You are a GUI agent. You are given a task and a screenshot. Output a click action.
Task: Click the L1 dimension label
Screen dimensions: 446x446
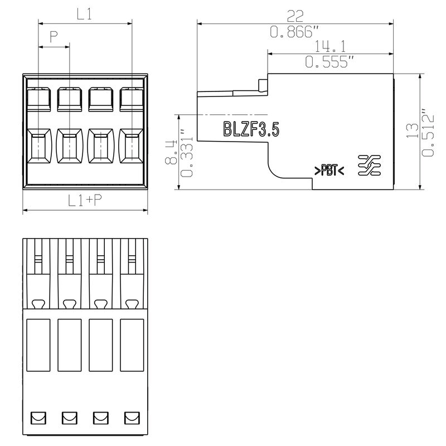tap(85, 14)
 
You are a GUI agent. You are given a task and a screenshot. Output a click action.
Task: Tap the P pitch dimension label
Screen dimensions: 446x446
tap(54, 37)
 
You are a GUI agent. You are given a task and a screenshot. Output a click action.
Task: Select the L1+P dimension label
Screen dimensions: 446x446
tap(85, 200)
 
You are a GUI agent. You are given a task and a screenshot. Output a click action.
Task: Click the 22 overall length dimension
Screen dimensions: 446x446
tap(295, 16)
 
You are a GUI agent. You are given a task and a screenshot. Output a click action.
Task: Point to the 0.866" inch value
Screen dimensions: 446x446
tap(295, 32)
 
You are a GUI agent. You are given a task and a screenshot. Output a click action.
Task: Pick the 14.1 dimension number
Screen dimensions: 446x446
tap(330, 46)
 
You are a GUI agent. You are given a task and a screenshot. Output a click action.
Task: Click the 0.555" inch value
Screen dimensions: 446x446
tap(329, 62)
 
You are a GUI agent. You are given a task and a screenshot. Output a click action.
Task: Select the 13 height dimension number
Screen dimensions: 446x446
tap(412, 131)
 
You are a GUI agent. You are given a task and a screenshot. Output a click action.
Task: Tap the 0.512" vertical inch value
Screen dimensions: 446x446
tap(428, 132)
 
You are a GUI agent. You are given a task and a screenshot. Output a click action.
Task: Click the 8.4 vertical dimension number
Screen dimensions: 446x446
tap(171, 152)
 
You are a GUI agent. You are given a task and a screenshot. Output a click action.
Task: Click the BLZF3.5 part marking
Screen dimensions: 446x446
tap(251, 129)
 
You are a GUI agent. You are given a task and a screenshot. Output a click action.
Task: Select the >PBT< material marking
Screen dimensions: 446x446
tap(329, 170)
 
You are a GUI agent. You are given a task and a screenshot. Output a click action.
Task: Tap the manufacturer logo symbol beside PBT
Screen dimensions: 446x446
tap(369, 165)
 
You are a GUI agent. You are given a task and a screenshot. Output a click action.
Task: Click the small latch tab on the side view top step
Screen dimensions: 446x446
tap(263, 85)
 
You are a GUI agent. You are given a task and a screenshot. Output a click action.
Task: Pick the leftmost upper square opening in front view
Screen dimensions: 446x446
tap(38, 99)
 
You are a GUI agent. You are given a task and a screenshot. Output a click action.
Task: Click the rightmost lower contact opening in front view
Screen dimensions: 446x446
tap(132, 146)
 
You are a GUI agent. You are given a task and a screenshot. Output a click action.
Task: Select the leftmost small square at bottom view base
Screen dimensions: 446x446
tap(38, 418)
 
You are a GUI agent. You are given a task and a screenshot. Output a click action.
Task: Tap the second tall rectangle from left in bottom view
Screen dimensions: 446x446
tap(69, 345)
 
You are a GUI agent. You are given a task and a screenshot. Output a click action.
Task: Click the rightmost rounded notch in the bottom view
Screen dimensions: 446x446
tap(132, 304)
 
